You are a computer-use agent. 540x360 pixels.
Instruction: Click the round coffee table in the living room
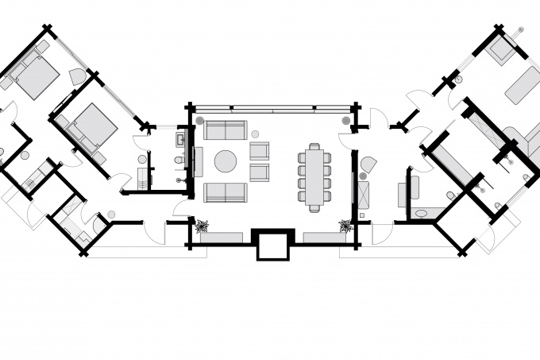225,161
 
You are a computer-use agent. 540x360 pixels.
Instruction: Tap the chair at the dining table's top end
315,146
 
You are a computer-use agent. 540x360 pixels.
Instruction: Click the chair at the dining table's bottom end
315,207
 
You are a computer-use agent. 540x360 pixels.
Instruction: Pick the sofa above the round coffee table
226,130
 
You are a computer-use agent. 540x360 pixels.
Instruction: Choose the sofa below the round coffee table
226,192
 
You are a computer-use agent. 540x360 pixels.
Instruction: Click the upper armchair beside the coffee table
260,150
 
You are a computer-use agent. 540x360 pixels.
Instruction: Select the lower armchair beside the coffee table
260,172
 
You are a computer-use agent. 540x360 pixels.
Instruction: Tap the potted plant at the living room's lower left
201,226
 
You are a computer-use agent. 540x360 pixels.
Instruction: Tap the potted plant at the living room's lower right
345,226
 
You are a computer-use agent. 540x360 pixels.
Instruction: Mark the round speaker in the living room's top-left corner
200,121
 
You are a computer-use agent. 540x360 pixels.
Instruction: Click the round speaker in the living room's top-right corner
345,121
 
